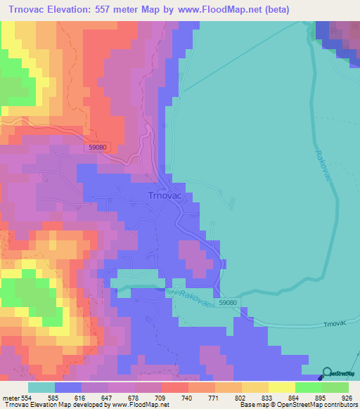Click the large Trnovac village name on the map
coord(165,196)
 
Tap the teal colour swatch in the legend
coord(41,387)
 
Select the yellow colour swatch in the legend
coord(282,387)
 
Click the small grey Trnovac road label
coord(332,324)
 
